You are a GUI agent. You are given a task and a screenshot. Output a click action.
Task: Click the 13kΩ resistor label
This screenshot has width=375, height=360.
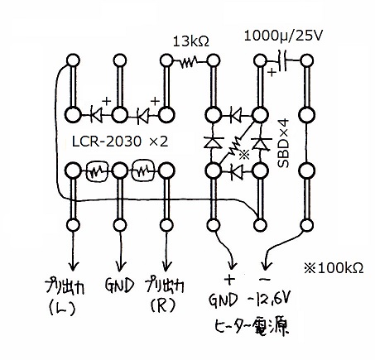tap(191, 41)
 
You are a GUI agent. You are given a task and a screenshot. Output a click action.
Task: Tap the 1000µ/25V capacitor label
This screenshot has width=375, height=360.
tap(283, 36)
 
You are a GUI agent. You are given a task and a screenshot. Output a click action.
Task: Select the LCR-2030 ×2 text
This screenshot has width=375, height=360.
tap(120, 142)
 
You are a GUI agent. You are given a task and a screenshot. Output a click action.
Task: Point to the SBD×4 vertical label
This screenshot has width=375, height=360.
tap(283, 143)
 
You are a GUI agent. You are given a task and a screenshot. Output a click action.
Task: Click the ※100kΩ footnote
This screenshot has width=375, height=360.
tap(334, 268)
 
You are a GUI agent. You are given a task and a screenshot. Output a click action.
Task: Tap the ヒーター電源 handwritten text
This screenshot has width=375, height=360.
tap(251, 327)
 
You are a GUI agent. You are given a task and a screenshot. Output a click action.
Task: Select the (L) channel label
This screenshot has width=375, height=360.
tap(62, 309)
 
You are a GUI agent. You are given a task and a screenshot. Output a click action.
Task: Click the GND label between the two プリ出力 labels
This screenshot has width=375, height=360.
tap(120, 286)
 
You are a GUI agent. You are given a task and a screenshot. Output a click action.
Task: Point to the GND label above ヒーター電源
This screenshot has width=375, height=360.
tap(223, 300)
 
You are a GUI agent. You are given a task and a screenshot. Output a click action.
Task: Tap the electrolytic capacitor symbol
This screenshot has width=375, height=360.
tap(282, 60)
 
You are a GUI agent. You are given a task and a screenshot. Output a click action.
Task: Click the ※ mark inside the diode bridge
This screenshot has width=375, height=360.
tap(244, 155)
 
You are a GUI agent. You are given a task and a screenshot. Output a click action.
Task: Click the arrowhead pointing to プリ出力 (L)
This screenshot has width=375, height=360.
tap(73, 266)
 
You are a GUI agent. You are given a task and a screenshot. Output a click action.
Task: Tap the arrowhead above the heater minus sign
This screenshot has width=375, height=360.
tap(265, 266)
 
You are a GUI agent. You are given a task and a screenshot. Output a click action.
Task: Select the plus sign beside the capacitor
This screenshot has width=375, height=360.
tap(272, 73)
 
